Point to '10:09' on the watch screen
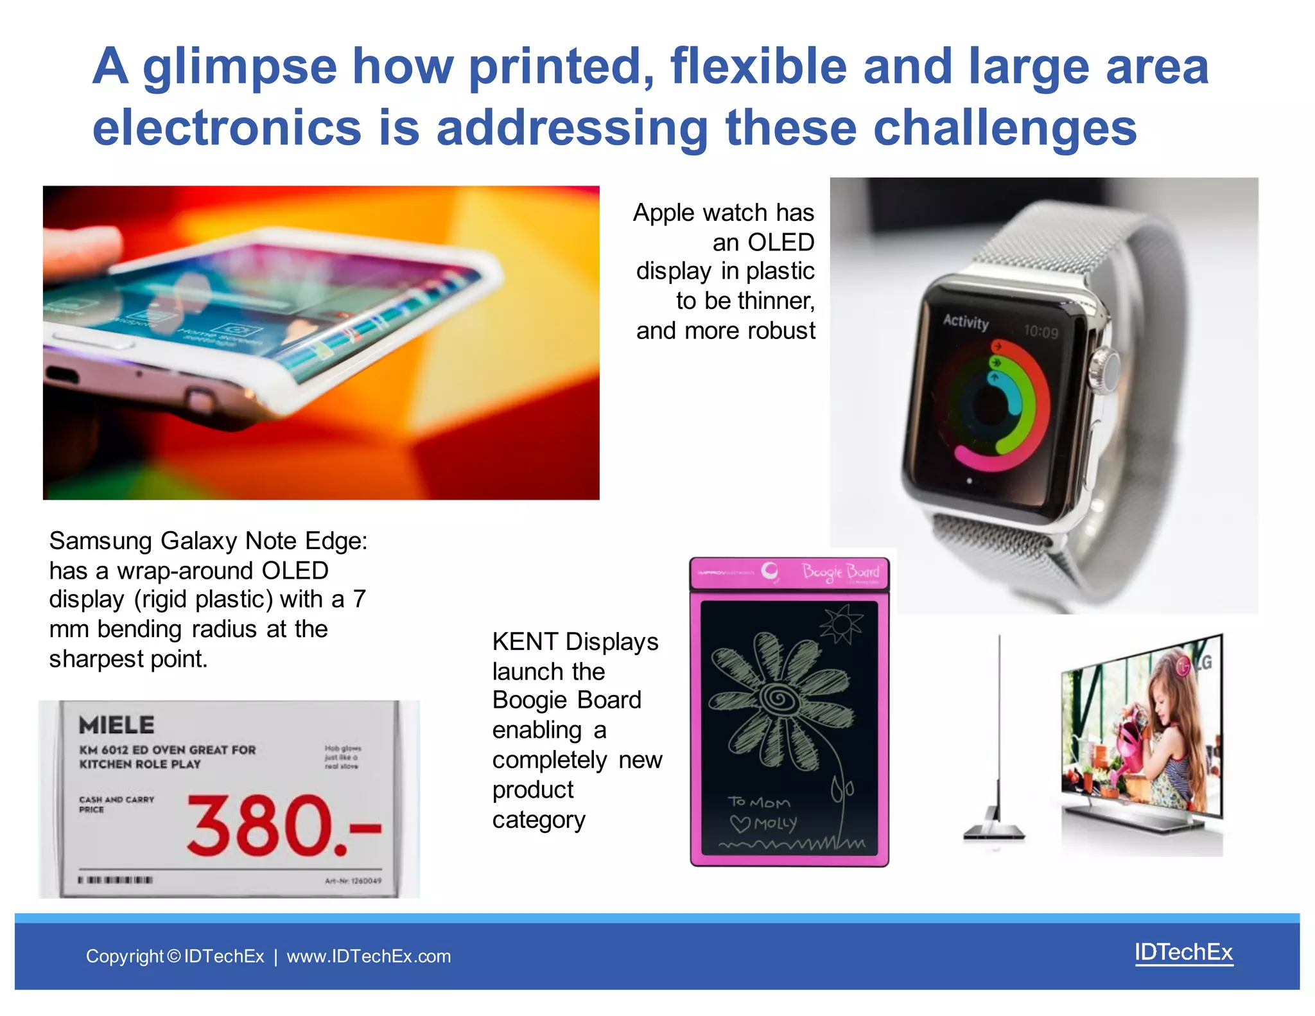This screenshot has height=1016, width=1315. click(1041, 332)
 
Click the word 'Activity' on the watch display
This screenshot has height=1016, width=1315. click(966, 321)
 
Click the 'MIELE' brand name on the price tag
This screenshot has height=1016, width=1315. click(116, 725)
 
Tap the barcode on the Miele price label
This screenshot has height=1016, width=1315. click(116, 880)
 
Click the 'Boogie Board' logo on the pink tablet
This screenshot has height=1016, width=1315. click(840, 572)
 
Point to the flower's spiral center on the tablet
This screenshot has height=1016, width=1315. click(779, 697)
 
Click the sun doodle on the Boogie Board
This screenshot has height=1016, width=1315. click(841, 623)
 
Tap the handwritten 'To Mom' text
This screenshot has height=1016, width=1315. click(759, 802)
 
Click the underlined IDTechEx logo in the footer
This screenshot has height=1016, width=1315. click(1183, 952)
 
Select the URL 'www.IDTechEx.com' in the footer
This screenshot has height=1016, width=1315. click(369, 956)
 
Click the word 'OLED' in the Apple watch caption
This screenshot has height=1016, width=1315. click(781, 243)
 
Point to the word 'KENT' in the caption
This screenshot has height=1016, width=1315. click(525, 642)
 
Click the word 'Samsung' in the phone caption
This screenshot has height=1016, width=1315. click(101, 541)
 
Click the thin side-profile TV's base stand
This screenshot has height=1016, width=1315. click(994, 833)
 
